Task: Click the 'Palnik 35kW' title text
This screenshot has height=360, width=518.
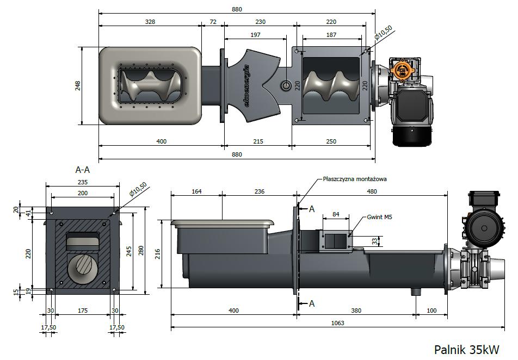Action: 466,349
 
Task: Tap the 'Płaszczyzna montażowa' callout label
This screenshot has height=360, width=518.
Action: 354,179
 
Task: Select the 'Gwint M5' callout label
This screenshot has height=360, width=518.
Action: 380,217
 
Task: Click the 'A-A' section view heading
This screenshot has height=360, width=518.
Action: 83,170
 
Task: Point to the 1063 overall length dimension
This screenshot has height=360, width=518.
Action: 337,322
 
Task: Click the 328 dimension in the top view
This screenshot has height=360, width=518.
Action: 150,22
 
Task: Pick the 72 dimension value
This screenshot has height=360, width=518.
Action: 213,22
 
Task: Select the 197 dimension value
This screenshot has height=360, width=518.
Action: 255,35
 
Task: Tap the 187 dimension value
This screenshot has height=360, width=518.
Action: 331,35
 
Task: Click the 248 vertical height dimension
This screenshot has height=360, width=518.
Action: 78,86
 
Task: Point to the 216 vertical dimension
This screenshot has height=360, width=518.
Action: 158,253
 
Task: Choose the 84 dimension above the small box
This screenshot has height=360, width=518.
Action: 336,214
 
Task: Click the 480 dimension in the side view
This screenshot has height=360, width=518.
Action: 372,191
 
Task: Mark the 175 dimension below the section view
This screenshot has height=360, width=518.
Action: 83,311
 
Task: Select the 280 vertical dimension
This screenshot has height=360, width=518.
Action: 141,251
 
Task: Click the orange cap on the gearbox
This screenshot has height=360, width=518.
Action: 403,70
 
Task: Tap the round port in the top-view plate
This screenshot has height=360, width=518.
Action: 286,86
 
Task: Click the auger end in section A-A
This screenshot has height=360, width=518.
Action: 83,268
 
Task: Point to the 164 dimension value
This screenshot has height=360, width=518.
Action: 196,191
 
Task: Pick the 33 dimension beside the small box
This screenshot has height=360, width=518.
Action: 374,241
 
